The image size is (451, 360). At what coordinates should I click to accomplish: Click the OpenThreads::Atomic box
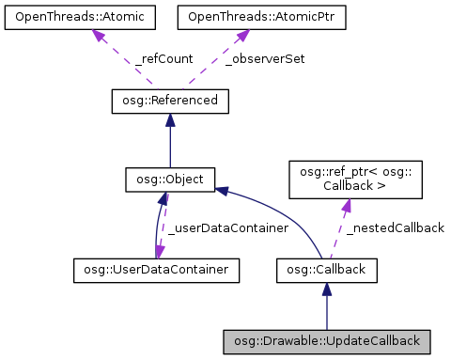70,17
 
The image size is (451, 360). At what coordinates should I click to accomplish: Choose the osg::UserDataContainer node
155,271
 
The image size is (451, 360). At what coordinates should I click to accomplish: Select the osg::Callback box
326,271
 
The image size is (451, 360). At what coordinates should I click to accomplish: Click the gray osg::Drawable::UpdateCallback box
326,339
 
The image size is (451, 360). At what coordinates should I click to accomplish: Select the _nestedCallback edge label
395,227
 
